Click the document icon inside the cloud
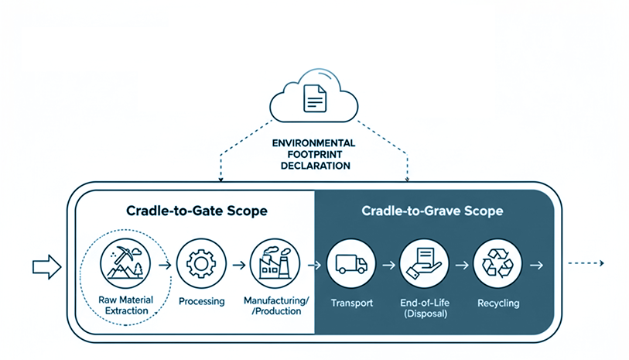pyautogui.click(x=314, y=98)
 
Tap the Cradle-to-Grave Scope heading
pyautogui.click(x=432, y=211)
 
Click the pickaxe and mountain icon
pyautogui.click(x=125, y=264)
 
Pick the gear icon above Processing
pyautogui.click(x=201, y=264)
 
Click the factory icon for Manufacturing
pyautogui.click(x=275, y=264)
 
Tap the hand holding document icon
pyautogui.click(x=423, y=264)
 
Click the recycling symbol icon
pyautogui.click(x=497, y=264)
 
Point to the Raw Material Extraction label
pyautogui.click(x=125, y=305)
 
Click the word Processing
pyautogui.click(x=202, y=300)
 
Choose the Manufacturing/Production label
pyautogui.click(x=277, y=305)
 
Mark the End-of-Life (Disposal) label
pyautogui.click(x=423, y=308)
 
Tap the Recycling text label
pyautogui.click(x=497, y=303)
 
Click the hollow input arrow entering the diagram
pyautogui.click(x=46, y=267)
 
